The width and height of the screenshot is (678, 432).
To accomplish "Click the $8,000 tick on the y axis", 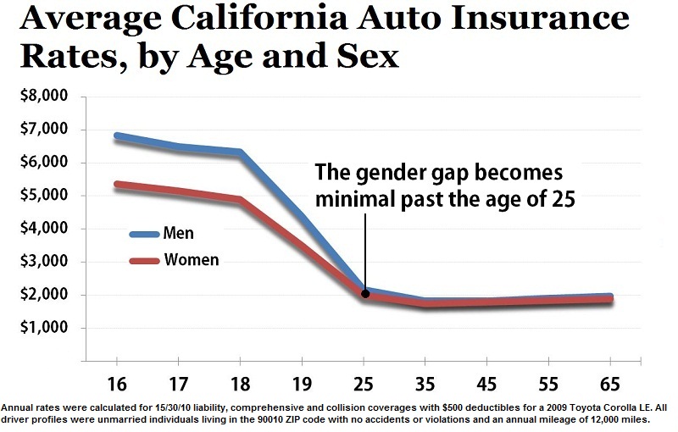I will coord(43,97).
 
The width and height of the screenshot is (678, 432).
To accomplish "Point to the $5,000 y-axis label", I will coord(43,196).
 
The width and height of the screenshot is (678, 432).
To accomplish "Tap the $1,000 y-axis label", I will coord(43,328).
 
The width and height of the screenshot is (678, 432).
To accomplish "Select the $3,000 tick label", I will coord(43,262).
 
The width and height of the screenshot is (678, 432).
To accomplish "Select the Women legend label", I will coord(190,260).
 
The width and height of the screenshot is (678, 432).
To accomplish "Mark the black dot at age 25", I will coord(365,294).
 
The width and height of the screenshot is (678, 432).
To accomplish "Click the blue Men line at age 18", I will coord(241,153).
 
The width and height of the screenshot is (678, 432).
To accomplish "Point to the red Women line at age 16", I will coord(117,185).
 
